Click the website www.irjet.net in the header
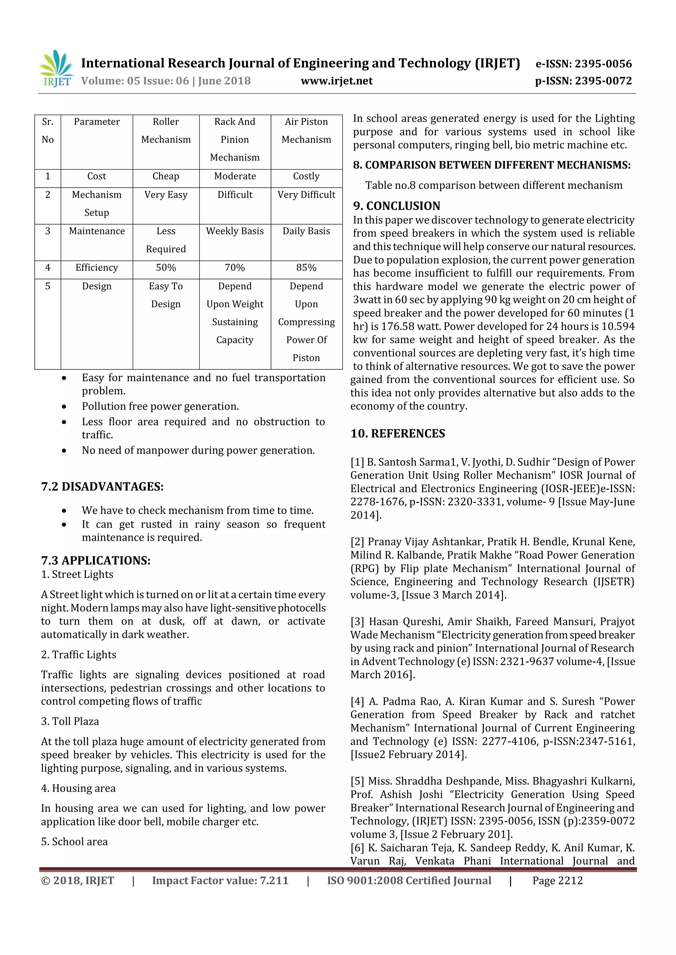click(x=336, y=81)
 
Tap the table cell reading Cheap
click(x=166, y=176)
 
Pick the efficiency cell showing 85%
click(x=306, y=268)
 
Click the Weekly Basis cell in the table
click(x=235, y=231)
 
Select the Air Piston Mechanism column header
click(x=306, y=131)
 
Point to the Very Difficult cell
click(x=306, y=195)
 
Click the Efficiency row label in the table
click(x=97, y=268)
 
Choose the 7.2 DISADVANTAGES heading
click(x=102, y=487)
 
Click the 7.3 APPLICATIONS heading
click(x=96, y=561)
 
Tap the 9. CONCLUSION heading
click(x=396, y=206)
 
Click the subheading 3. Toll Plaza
click(x=70, y=722)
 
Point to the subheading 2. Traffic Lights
click(x=79, y=655)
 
